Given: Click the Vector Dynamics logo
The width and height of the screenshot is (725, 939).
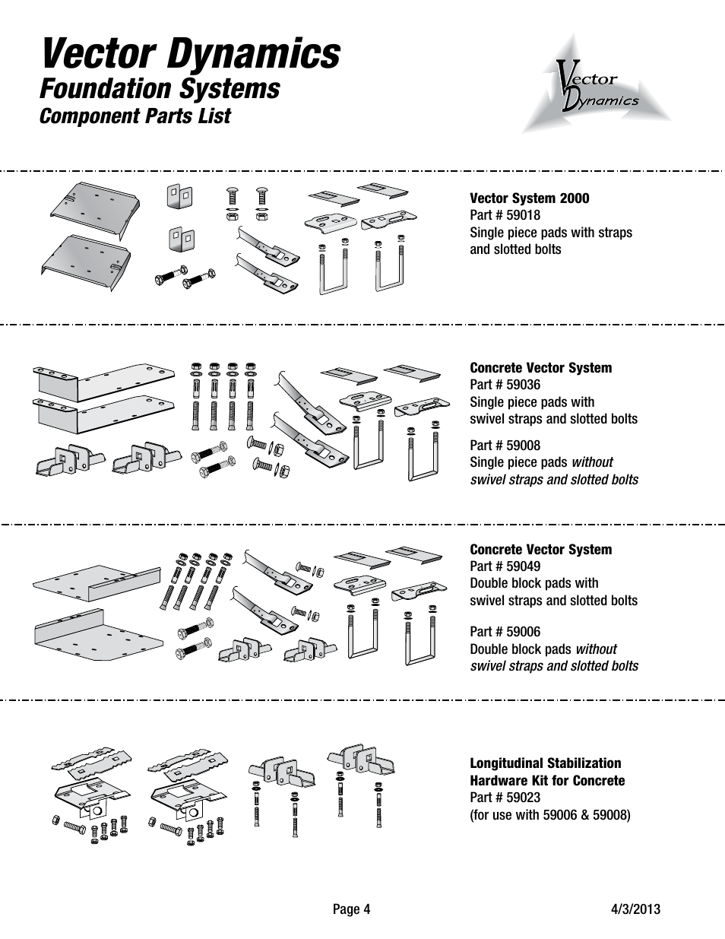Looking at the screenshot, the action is click(x=597, y=84).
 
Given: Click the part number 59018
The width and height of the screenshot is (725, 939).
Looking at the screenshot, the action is click(x=523, y=215).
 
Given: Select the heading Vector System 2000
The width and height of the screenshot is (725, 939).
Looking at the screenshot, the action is click(x=530, y=198).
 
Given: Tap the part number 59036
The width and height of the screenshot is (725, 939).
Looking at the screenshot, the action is click(x=523, y=385).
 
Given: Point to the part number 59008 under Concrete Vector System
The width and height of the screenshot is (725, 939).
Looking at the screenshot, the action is click(x=523, y=445).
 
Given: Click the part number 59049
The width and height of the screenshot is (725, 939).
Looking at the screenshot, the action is click(x=523, y=566).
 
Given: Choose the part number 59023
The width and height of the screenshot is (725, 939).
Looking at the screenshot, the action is click(x=523, y=798).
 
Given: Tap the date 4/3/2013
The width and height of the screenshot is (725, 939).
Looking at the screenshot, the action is click(x=635, y=909).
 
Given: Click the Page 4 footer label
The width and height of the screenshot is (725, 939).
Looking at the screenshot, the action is click(x=352, y=909).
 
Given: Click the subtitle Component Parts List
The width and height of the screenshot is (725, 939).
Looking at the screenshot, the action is click(x=135, y=116).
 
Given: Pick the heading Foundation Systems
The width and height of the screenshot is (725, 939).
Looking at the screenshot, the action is click(x=160, y=88).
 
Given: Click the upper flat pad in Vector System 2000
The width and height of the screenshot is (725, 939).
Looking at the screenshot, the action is click(x=94, y=210).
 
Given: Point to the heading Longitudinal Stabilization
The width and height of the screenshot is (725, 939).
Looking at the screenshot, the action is click(x=546, y=763).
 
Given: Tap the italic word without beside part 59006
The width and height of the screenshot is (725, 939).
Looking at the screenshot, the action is click(x=597, y=649).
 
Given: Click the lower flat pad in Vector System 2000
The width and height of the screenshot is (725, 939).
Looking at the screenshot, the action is click(x=86, y=262).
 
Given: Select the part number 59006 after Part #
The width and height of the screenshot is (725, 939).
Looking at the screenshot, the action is click(x=523, y=632).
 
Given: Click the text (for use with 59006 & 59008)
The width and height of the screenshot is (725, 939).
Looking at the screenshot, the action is click(x=550, y=815).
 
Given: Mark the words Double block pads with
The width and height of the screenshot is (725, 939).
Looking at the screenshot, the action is click(x=534, y=583).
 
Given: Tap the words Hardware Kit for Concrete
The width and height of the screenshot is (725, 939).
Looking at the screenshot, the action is click(x=547, y=780).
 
